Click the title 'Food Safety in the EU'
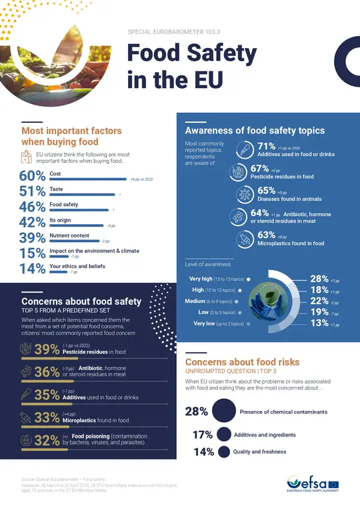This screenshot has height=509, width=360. [x=191, y=66]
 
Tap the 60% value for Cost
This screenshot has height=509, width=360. [x=31, y=177]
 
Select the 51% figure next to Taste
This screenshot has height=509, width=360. [x=31, y=192]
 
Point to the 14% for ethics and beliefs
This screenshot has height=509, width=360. [x=31, y=270]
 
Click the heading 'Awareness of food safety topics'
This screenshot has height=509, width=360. [x=255, y=131]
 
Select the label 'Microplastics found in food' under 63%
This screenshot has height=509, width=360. [x=291, y=243]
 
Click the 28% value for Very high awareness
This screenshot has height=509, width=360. [x=319, y=279]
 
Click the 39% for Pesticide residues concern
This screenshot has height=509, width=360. [x=46, y=349]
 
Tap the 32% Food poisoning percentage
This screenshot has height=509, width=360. [x=46, y=440]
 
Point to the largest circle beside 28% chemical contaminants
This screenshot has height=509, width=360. [x=224, y=412]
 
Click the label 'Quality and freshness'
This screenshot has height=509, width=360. [x=260, y=452]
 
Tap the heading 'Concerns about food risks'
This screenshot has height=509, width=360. [x=242, y=362]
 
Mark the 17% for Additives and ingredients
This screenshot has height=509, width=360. [x=201, y=435]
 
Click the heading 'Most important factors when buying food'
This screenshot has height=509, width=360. [x=59, y=136]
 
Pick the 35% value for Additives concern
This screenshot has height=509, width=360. [x=46, y=394]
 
